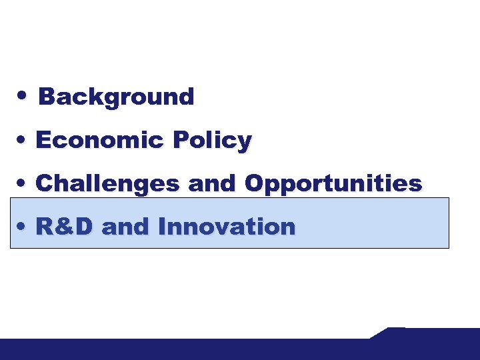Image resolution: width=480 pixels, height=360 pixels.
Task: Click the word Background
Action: pyautogui.click(x=117, y=97)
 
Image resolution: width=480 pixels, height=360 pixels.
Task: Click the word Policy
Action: pyautogui.click(x=212, y=141)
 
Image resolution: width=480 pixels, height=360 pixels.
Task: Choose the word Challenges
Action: pyautogui.click(x=107, y=183)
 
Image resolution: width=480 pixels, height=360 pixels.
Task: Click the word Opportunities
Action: pyautogui.click(x=333, y=184)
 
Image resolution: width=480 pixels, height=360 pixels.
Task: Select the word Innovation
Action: pyautogui.click(x=227, y=227)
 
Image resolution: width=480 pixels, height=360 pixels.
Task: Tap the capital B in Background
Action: pyautogui.click(x=47, y=97)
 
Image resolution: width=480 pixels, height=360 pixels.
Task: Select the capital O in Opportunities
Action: pyautogui.click(x=254, y=183)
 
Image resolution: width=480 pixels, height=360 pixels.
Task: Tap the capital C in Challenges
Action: pyautogui.click(x=44, y=183)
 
